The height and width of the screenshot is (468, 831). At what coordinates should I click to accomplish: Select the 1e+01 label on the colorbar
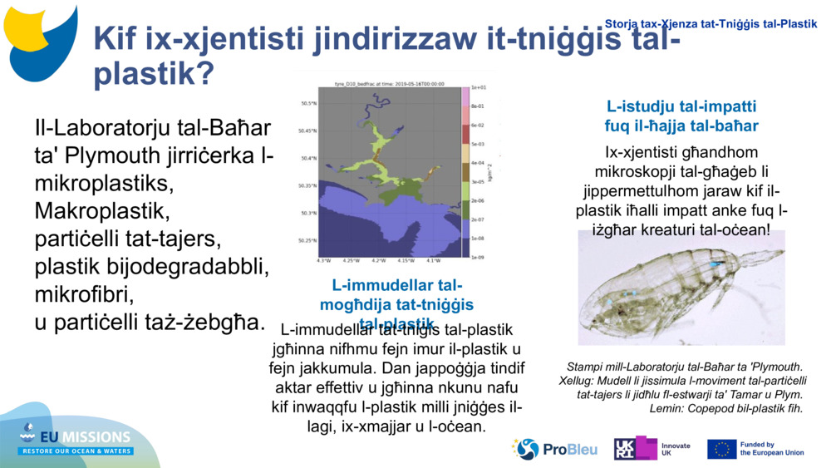point(479,87)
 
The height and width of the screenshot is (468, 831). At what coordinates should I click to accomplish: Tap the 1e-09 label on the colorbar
point(479,258)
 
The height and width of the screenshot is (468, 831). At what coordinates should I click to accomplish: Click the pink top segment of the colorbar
point(465,96)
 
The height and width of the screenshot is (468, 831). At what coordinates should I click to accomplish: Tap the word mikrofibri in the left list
point(84,294)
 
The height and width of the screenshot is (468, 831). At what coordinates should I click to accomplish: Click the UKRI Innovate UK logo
point(653,449)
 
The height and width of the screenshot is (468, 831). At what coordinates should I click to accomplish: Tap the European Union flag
point(721,449)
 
